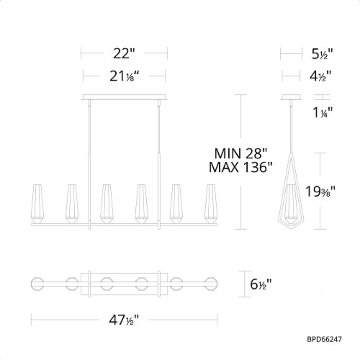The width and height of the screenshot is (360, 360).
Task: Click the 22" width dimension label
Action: (x=124, y=54)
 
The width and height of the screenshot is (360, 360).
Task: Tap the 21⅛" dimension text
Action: (x=124, y=76)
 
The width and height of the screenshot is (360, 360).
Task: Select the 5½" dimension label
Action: (x=322, y=54)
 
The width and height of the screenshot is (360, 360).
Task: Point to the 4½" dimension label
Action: (x=320, y=76)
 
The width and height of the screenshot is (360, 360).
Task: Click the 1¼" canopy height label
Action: (x=323, y=112)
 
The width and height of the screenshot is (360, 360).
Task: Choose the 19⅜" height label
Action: (x=320, y=191)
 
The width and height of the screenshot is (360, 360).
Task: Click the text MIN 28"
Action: (x=241, y=153)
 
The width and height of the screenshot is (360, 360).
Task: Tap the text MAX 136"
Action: (x=240, y=167)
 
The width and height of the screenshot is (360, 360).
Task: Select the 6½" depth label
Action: (x=261, y=284)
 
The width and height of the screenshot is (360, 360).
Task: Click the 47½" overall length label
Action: (x=124, y=320)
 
